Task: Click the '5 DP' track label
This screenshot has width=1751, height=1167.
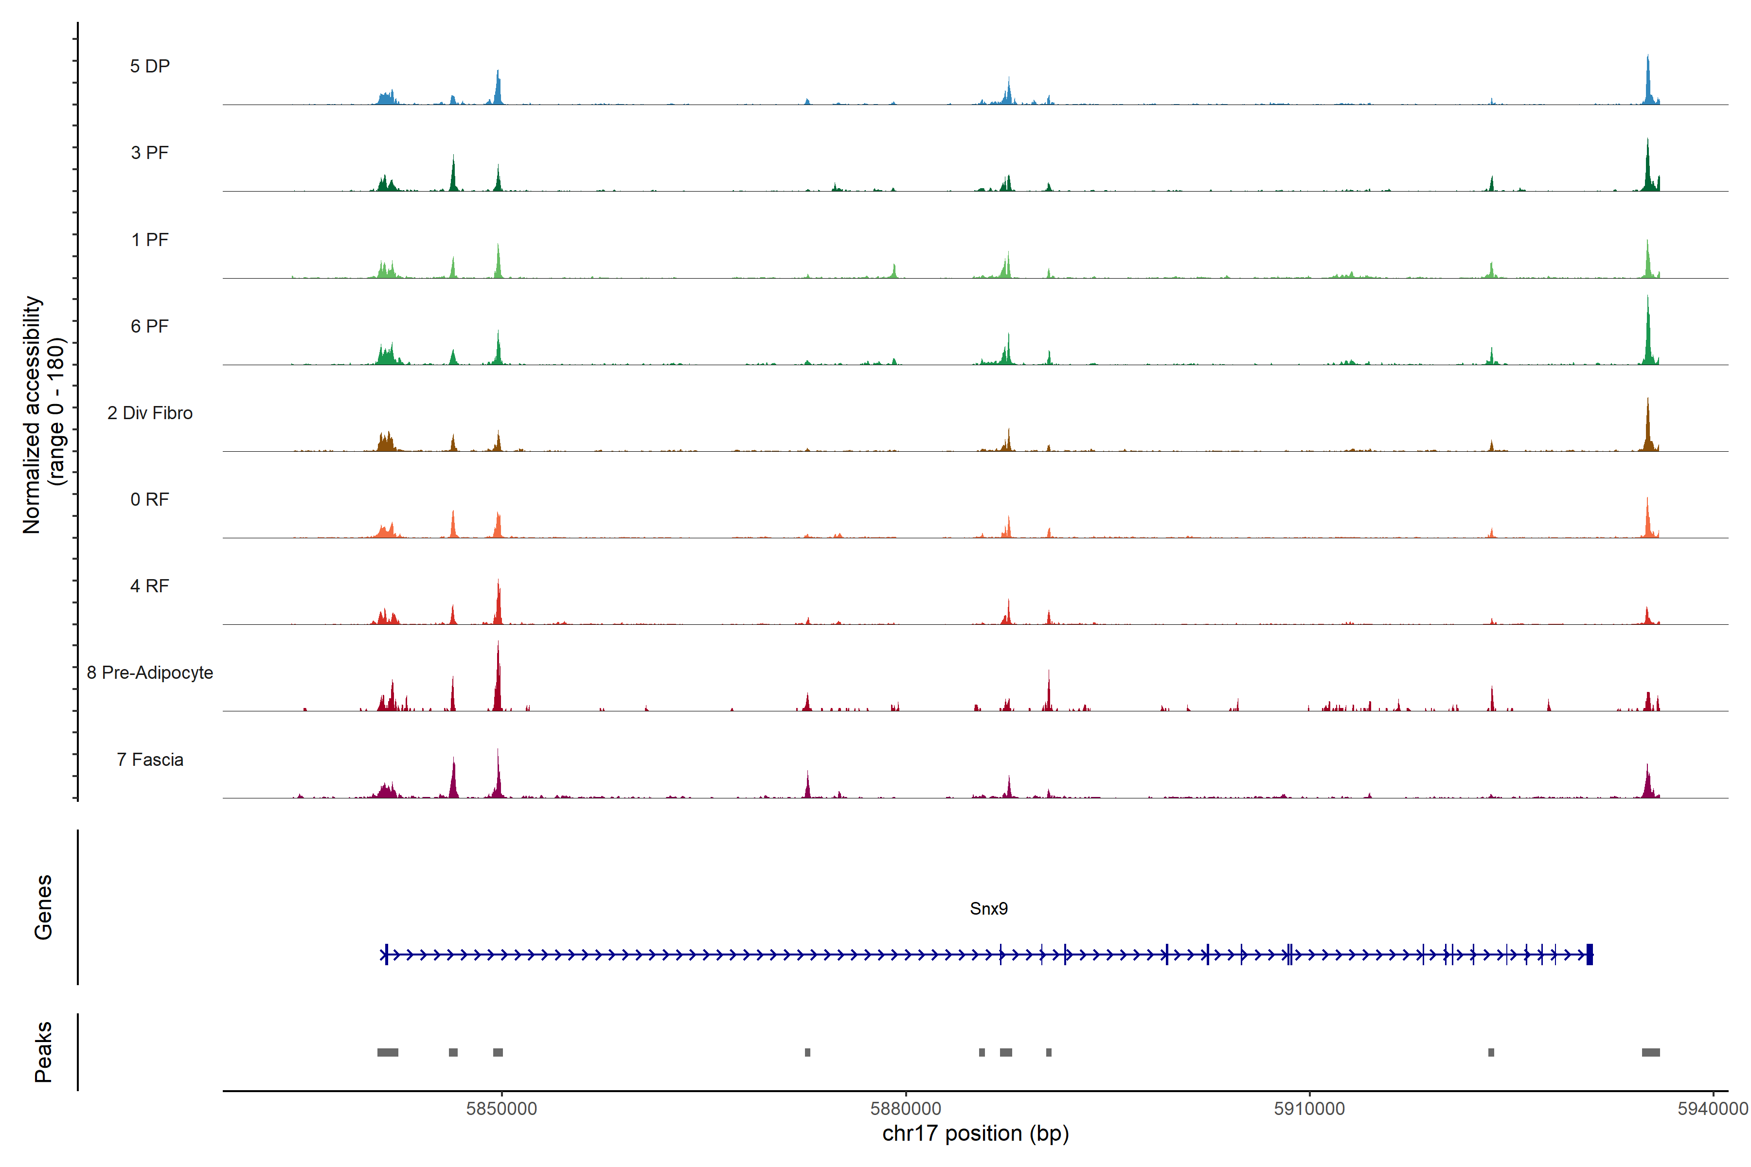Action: [x=150, y=66]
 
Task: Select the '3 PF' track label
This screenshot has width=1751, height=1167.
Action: [x=150, y=153]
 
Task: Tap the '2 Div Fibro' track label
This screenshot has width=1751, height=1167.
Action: [x=150, y=413]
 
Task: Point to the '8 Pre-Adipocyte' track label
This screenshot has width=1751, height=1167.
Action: [x=150, y=673]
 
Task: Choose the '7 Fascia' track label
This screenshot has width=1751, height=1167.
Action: [x=150, y=760]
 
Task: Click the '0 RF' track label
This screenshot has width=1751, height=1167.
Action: [x=150, y=499]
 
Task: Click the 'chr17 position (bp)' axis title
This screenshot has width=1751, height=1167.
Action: [x=975, y=1133]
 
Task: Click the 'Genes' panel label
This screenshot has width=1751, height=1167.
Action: [x=43, y=907]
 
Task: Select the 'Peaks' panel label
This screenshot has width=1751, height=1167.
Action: [x=43, y=1052]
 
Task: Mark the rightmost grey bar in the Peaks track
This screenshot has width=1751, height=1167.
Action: [x=1650, y=1052]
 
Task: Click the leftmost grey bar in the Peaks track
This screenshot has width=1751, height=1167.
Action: [x=387, y=1052]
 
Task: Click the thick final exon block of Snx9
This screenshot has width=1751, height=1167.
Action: [x=1590, y=954]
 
